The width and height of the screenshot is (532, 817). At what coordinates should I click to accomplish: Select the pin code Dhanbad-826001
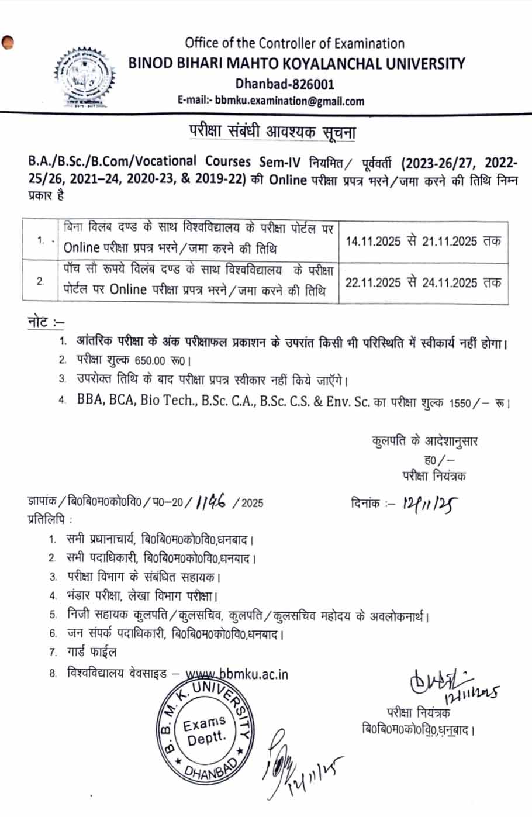[x=285, y=84]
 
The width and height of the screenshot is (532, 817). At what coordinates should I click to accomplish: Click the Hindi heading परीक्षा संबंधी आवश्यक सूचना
[x=272, y=132]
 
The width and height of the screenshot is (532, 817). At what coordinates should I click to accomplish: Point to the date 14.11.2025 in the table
[x=373, y=242]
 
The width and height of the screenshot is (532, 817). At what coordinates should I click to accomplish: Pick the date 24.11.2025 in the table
[x=450, y=282]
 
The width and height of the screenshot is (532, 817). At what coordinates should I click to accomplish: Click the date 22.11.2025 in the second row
[x=373, y=282]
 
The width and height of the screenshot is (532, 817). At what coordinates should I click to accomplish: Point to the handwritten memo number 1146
[x=212, y=501]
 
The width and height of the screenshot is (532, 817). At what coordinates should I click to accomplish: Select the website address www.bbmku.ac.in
[x=237, y=674]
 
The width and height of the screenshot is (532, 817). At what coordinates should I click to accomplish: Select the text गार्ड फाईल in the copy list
[x=92, y=651]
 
